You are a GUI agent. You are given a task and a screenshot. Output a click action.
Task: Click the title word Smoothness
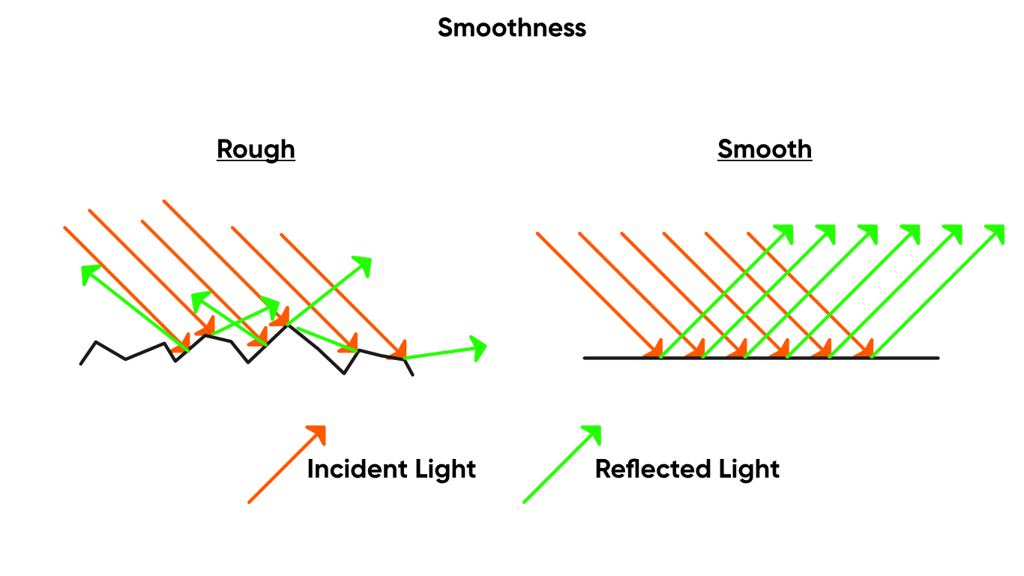click(x=512, y=28)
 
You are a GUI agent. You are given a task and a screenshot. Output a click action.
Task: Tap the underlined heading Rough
click(x=256, y=149)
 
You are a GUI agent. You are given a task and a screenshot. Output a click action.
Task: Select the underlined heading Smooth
click(x=764, y=149)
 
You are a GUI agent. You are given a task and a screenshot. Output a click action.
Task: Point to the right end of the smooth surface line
click(x=939, y=358)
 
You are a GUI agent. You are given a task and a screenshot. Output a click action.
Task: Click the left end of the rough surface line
click(x=80, y=365)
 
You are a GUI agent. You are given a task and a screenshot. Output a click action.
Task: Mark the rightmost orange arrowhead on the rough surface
click(x=401, y=351)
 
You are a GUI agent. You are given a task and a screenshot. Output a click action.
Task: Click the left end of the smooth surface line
click(x=583, y=358)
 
